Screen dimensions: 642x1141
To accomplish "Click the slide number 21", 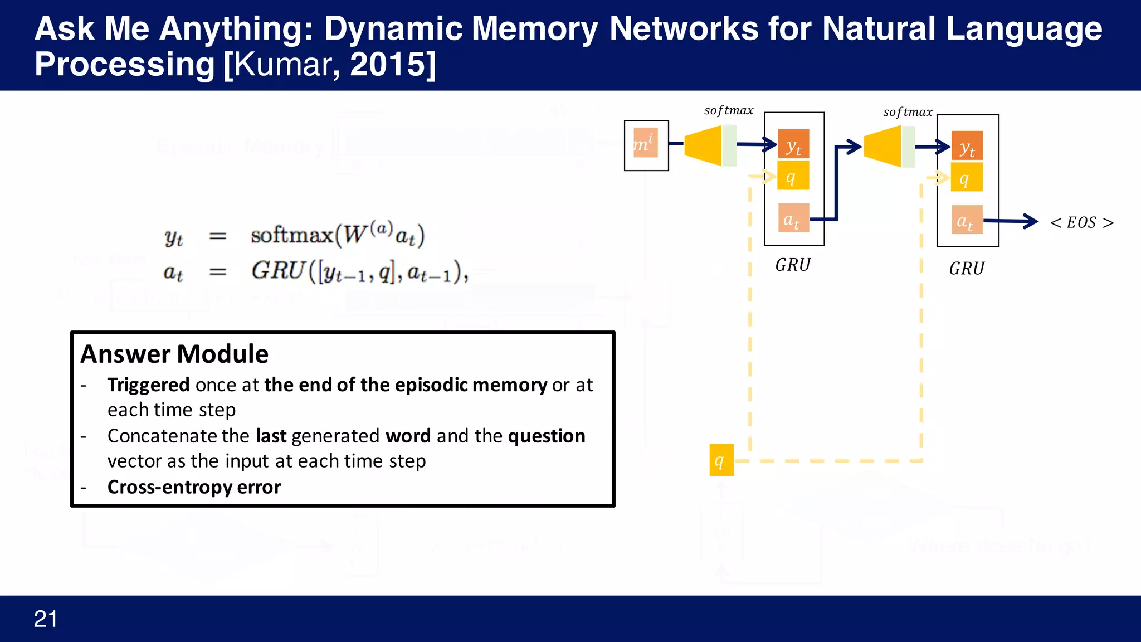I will [45, 619].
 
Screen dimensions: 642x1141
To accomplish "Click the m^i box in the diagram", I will [645, 143].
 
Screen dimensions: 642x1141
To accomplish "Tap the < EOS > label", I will [1081, 222].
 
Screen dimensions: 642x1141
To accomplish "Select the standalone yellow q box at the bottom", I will [721, 460].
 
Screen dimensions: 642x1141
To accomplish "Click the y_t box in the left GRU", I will [793, 145].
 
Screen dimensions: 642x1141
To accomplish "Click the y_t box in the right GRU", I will [967, 147].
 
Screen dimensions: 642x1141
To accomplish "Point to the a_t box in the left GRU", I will [793, 218].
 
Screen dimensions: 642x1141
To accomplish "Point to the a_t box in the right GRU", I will [967, 220].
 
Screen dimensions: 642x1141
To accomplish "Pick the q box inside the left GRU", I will [793, 177].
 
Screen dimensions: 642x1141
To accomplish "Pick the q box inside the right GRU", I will [967, 178].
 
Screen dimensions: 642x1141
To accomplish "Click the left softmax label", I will [728, 110].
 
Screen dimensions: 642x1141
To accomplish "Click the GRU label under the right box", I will [967, 269].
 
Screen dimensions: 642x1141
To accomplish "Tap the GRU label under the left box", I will [793, 265].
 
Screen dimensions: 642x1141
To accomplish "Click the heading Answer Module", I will [174, 354].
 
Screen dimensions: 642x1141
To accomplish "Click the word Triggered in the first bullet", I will [148, 385].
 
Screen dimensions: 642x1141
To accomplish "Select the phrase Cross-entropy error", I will [194, 487].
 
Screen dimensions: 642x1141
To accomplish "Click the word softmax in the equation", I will [292, 235].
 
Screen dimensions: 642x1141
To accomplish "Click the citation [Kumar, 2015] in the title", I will [329, 64].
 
